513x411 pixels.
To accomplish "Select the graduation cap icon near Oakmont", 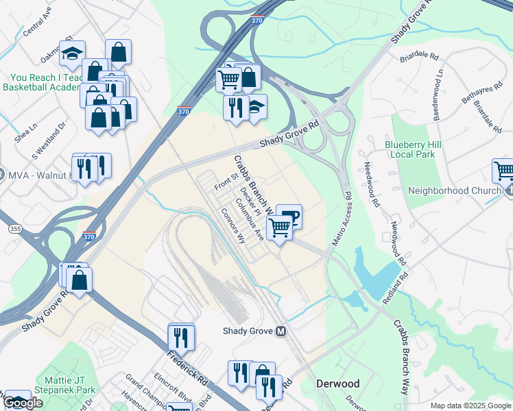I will [71, 53].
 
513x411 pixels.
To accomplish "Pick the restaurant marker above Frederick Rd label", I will [181, 336].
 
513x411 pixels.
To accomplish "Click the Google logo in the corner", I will [23, 403].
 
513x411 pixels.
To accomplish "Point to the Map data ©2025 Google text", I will [470, 406].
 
